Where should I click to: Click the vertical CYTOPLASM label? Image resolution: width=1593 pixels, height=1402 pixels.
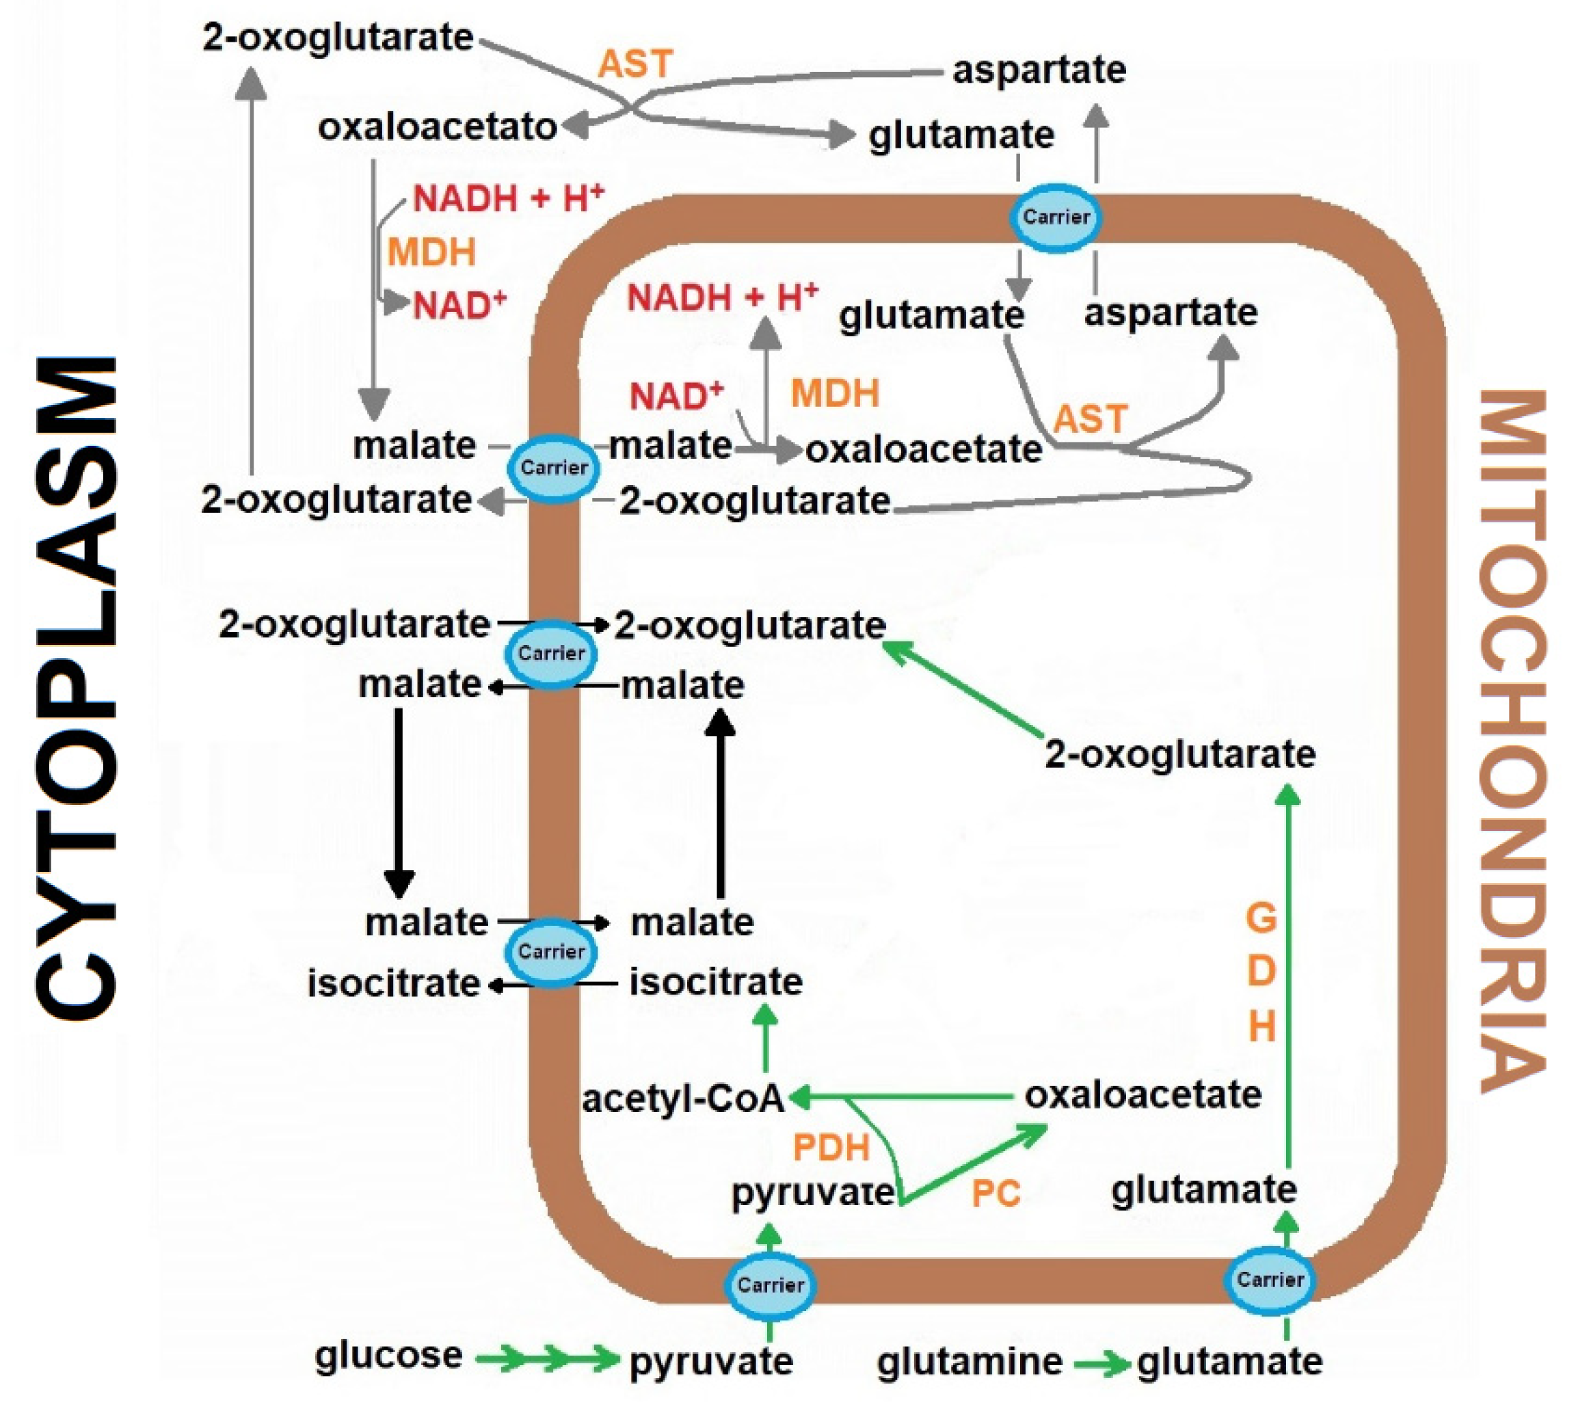[77, 686]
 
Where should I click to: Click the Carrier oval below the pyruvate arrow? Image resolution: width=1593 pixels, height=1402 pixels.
[770, 1285]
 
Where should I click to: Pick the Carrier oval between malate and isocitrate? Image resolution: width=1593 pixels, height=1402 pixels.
[551, 951]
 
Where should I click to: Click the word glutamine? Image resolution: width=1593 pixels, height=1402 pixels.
[969, 1362]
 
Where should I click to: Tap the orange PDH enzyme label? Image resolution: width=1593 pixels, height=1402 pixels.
[831, 1148]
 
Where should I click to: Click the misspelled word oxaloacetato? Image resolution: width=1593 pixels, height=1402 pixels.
[436, 127]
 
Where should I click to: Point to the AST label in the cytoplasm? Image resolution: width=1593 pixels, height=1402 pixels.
[634, 64]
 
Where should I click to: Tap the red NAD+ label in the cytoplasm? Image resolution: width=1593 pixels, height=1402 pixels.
[459, 304]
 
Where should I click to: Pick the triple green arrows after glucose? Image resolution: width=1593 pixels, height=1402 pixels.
[547, 1359]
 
